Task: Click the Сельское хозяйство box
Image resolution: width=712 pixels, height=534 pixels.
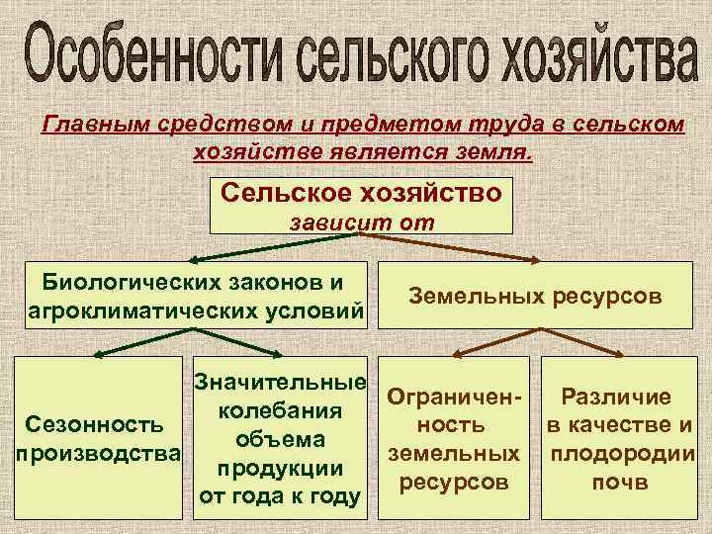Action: pos(361,193)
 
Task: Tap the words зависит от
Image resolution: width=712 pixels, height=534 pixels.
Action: pos(361,223)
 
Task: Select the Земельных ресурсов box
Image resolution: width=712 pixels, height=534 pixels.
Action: pos(536,296)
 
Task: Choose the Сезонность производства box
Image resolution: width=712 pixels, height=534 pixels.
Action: pos(95,440)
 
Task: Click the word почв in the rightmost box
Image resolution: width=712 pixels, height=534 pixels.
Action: pos(617,485)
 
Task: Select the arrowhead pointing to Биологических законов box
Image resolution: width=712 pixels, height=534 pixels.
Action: pos(193,261)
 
